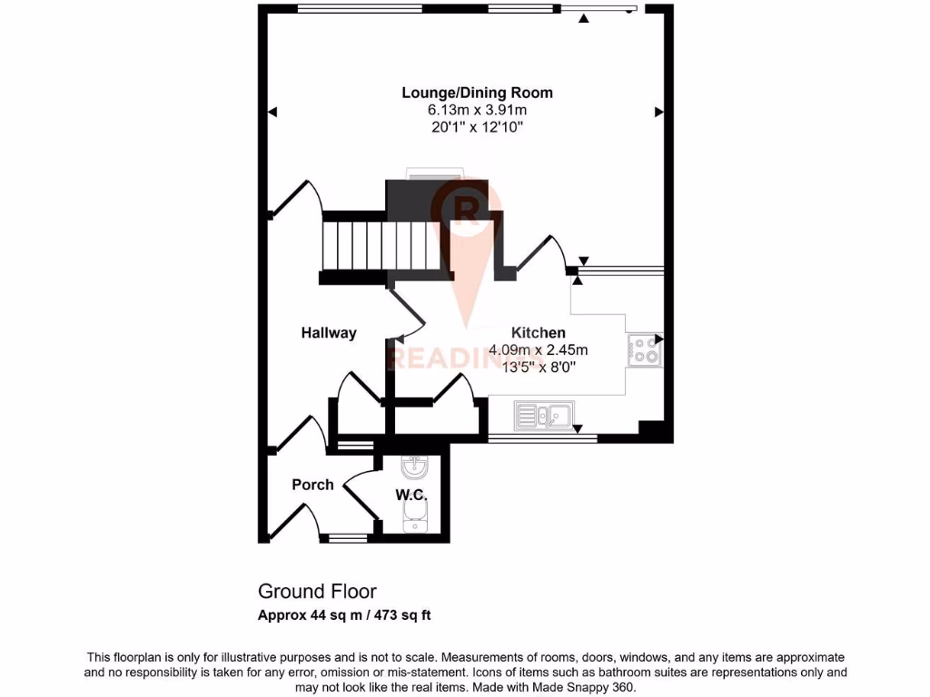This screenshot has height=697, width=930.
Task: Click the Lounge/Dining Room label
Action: [x=477, y=93]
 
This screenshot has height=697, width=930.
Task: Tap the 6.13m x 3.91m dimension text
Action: [x=477, y=110]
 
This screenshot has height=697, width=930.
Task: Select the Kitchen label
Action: [x=538, y=333]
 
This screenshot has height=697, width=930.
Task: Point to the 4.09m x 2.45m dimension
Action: [x=538, y=349]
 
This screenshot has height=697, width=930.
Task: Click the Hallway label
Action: [x=329, y=333]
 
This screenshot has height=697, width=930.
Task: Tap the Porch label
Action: [x=312, y=485]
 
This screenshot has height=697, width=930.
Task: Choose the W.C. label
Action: [x=411, y=495]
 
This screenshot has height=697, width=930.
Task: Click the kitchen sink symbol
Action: [x=543, y=416]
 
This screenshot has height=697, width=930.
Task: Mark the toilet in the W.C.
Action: [x=413, y=521]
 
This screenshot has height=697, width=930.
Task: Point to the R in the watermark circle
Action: [x=468, y=208]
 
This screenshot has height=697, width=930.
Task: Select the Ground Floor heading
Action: [x=317, y=593]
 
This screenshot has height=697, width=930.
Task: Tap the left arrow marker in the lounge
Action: [x=272, y=112]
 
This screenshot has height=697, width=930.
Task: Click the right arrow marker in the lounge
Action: [x=659, y=112]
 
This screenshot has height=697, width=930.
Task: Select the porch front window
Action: [x=347, y=538]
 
